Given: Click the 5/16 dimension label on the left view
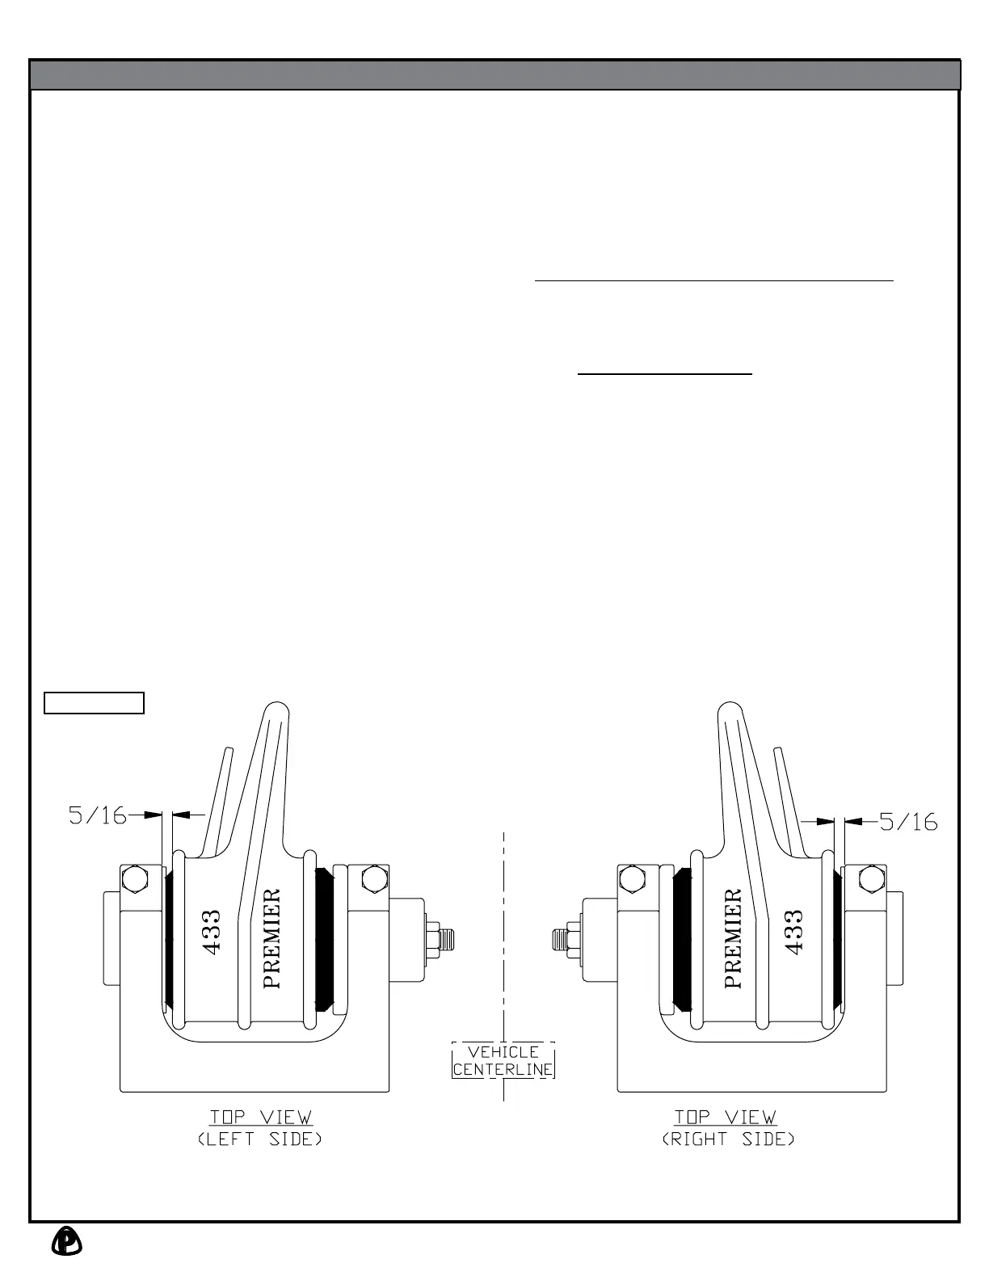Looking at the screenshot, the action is (98, 815).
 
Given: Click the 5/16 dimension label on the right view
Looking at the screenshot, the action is (908, 822).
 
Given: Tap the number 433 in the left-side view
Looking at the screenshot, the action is (213, 933).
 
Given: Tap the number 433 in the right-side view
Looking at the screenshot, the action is (793, 933).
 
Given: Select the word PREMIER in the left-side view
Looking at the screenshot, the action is (272, 938).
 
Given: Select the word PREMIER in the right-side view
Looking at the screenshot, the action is (733, 938).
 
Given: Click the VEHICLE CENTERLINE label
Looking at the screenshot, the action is (503, 1060).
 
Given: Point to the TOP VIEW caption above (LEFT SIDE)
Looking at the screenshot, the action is (260, 1117).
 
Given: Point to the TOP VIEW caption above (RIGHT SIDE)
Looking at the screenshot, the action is (726, 1117).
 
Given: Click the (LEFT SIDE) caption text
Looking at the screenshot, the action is (260, 1139).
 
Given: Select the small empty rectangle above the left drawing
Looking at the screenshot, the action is (94, 703).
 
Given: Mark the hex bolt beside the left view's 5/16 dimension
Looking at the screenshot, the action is (134, 878).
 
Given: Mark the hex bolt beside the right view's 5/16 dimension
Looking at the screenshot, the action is (871, 878).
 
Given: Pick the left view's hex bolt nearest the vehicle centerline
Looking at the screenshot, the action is (374, 878).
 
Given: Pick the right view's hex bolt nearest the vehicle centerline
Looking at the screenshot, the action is (632, 878).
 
